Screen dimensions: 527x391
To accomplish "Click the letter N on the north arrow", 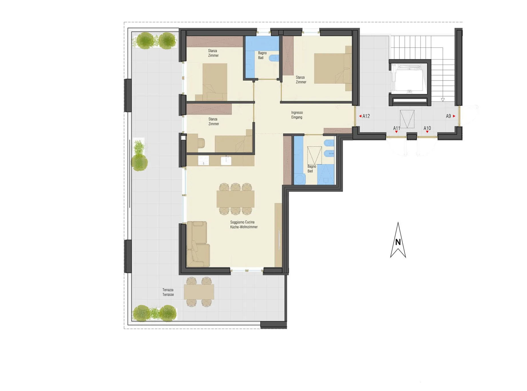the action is click(398, 242).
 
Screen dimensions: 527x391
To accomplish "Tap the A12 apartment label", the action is click(366, 116).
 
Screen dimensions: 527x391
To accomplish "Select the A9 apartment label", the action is click(448, 116).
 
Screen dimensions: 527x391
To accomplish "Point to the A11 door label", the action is click(397, 128).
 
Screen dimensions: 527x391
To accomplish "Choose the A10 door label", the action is click(427, 128).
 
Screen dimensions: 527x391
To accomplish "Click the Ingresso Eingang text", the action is click(297, 115).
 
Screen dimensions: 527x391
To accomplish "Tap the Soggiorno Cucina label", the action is click(242, 222).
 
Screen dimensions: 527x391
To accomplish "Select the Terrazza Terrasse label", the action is click(168, 292).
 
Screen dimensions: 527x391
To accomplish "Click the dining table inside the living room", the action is click(235, 199).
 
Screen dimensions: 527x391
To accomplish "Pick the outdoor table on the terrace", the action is click(199, 292).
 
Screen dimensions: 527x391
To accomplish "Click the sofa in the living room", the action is click(197, 244).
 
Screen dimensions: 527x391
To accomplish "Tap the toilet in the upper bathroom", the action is click(274, 58).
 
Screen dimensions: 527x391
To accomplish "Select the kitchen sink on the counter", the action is click(226, 160).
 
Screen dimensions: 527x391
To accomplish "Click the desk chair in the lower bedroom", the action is click(201, 143).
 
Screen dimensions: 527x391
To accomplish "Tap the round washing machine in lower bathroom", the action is click(300, 179).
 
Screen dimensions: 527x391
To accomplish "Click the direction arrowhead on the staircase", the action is click(443, 100).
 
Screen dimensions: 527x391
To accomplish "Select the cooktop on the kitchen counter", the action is click(203, 160).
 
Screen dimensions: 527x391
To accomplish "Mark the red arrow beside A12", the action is click(360, 116).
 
